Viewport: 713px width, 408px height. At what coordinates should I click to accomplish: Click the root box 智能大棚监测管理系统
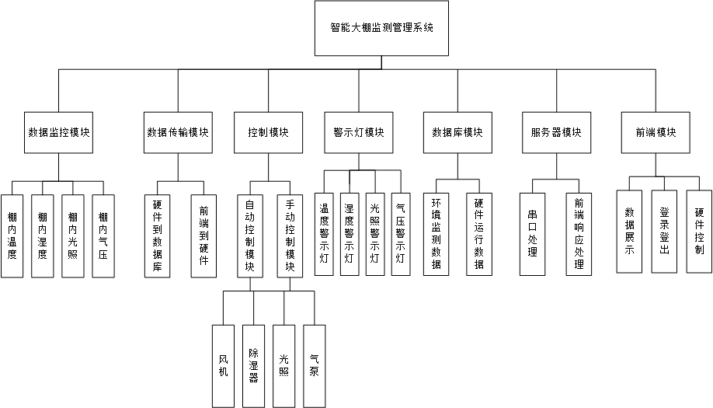click(381, 28)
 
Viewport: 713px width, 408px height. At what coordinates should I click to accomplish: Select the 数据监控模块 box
click(58, 132)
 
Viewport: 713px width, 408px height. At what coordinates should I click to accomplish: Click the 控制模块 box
click(268, 132)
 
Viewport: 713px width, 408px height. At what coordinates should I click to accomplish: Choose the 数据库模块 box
click(457, 132)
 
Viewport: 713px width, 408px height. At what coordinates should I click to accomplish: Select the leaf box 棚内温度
click(12, 235)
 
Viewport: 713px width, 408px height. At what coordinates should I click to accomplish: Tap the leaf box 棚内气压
click(103, 235)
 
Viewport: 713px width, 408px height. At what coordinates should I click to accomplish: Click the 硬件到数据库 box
click(158, 235)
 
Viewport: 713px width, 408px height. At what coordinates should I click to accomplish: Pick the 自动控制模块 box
click(250, 235)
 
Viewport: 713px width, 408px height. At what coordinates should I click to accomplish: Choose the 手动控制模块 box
click(289, 235)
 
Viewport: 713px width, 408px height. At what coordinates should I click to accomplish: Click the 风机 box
click(223, 365)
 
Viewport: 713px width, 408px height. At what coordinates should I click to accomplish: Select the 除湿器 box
click(253, 365)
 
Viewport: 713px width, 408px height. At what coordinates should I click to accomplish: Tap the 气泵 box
click(314, 365)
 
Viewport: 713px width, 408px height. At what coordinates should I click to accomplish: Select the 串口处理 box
click(532, 233)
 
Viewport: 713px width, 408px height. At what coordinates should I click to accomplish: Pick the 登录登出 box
click(664, 231)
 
